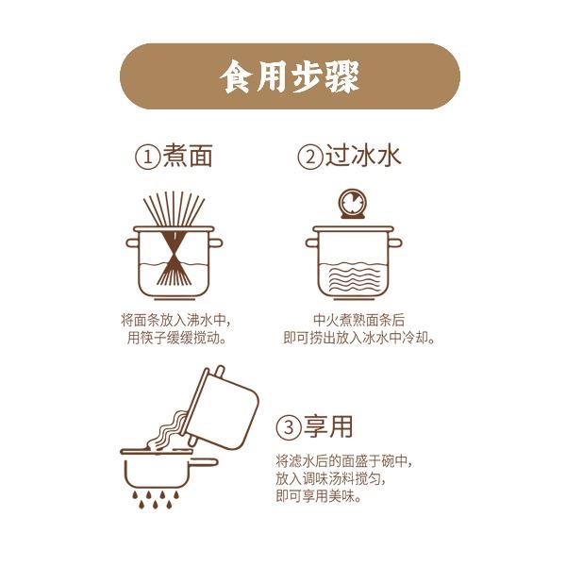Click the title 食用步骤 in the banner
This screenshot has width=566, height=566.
(290, 76)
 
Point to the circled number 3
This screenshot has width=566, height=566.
(289, 428)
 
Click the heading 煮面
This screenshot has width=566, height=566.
(188, 156)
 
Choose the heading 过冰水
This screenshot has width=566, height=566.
(363, 156)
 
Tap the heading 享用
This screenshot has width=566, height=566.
(328, 426)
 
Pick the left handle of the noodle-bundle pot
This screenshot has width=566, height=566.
(132, 242)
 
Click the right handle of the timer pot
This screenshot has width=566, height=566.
(395, 242)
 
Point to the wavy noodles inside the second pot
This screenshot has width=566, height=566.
(353, 278)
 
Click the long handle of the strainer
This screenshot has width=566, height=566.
(205, 462)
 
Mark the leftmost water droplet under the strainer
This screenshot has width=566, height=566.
(135, 494)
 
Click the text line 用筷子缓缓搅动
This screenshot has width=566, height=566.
(177, 339)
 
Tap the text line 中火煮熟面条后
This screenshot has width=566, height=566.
(358, 320)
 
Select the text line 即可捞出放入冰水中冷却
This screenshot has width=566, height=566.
(358, 339)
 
